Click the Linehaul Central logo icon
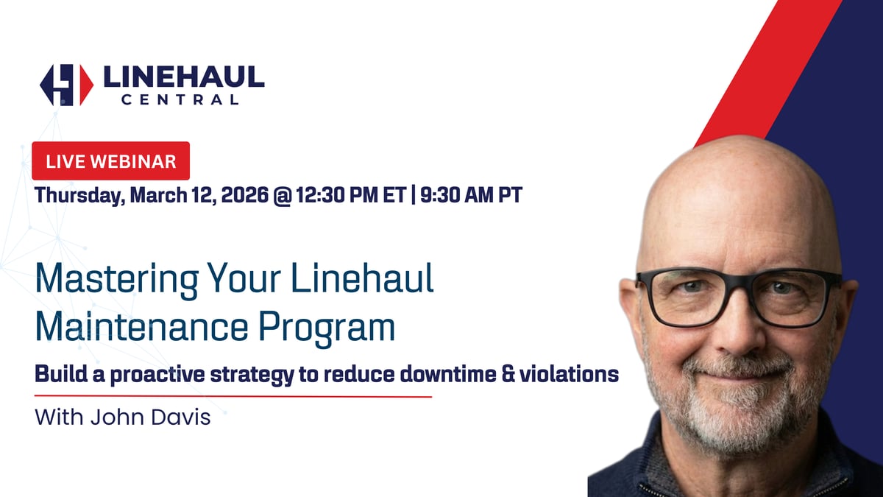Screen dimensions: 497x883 tap(66, 85)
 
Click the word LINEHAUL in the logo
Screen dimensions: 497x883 tap(183, 77)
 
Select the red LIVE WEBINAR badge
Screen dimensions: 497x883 tap(110, 161)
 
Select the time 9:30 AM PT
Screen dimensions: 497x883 tap(471, 197)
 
